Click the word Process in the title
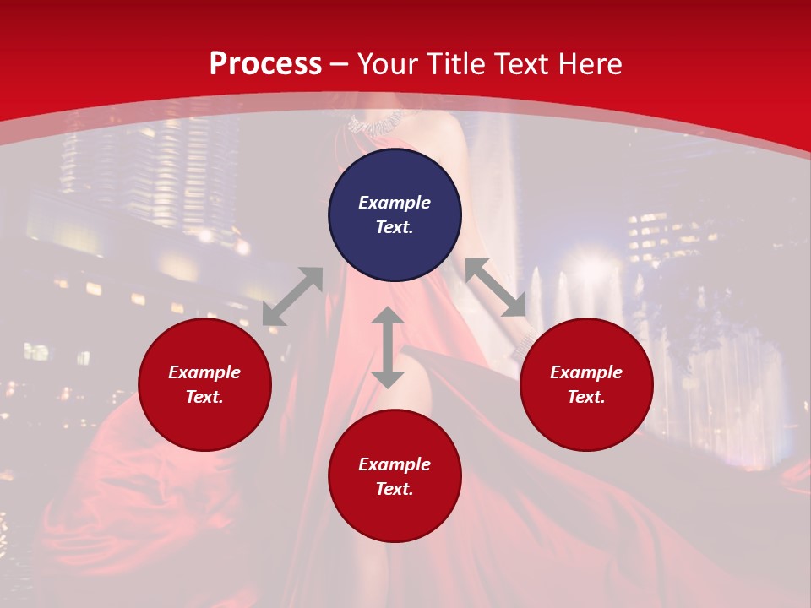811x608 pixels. point(265,64)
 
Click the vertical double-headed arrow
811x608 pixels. point(388,347)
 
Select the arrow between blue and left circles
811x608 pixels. point(292,296)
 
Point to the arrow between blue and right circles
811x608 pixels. point(496,287)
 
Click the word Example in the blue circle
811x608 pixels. point(395,203)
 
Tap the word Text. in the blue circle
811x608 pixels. point(395,227)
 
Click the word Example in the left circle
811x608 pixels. point(204,372)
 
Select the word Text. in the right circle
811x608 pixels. point(586,397)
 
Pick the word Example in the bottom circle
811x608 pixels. point(395,464)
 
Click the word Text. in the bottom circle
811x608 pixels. point(395,489)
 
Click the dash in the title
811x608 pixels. point(340,64)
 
